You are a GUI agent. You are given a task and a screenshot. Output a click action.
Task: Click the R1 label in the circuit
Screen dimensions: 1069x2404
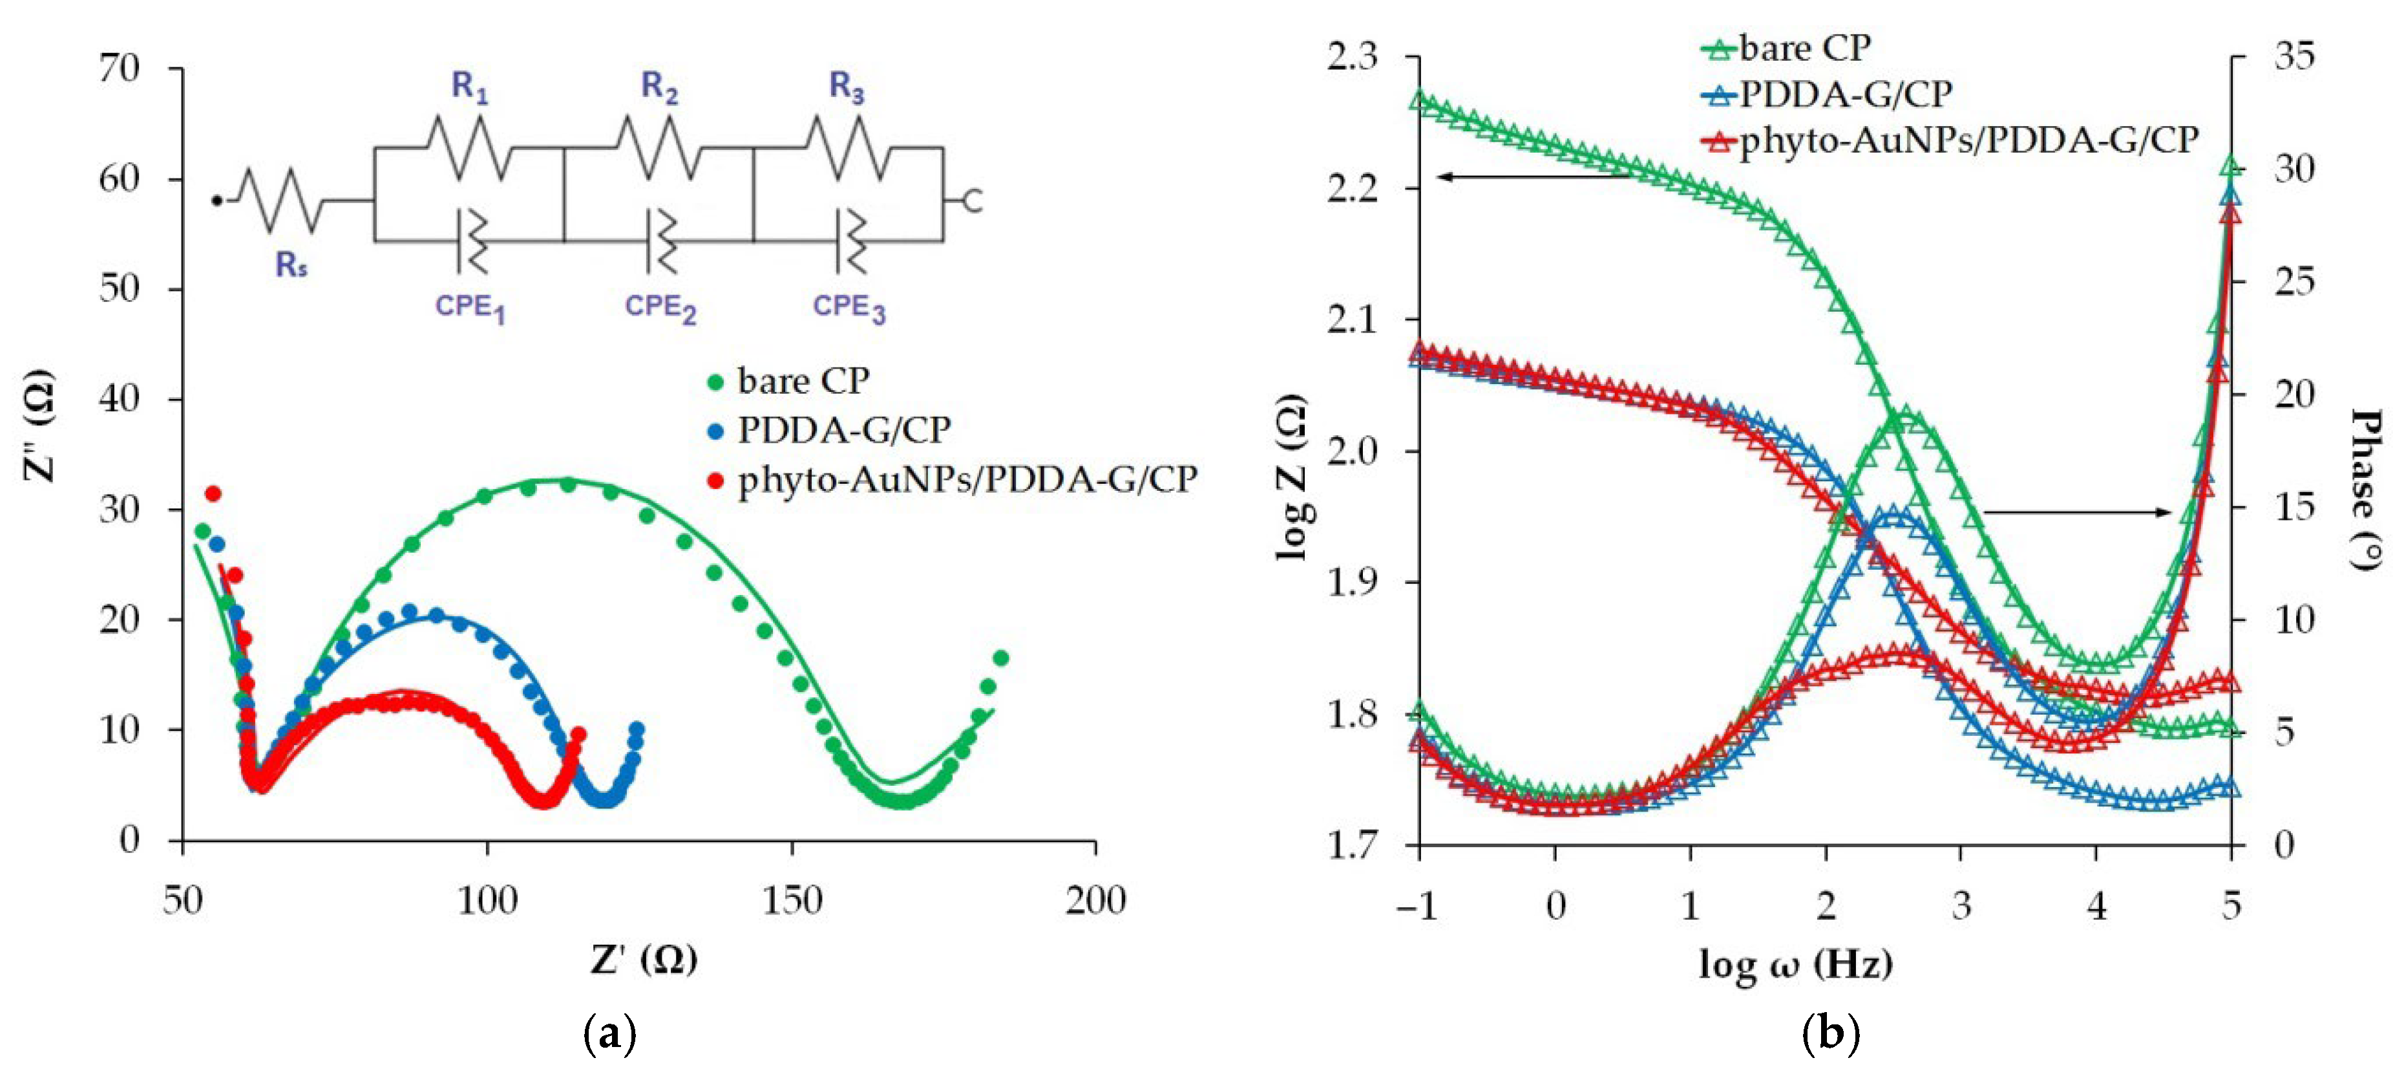469,88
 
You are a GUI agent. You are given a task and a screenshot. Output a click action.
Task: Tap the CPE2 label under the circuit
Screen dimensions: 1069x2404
660,308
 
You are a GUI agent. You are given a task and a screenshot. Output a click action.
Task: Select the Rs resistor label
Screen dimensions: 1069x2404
291,266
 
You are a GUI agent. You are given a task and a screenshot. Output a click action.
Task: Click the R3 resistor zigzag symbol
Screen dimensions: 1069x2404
847,147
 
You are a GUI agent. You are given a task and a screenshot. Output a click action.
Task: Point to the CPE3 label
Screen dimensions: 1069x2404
849,308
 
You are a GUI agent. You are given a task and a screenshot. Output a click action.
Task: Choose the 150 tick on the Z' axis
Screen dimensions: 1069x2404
792,901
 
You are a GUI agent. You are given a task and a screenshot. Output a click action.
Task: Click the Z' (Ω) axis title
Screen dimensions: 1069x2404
644,959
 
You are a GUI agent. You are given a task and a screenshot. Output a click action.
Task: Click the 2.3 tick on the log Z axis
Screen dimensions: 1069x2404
1351,58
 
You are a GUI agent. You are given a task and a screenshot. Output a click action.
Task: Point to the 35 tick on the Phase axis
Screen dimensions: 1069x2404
2293,58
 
